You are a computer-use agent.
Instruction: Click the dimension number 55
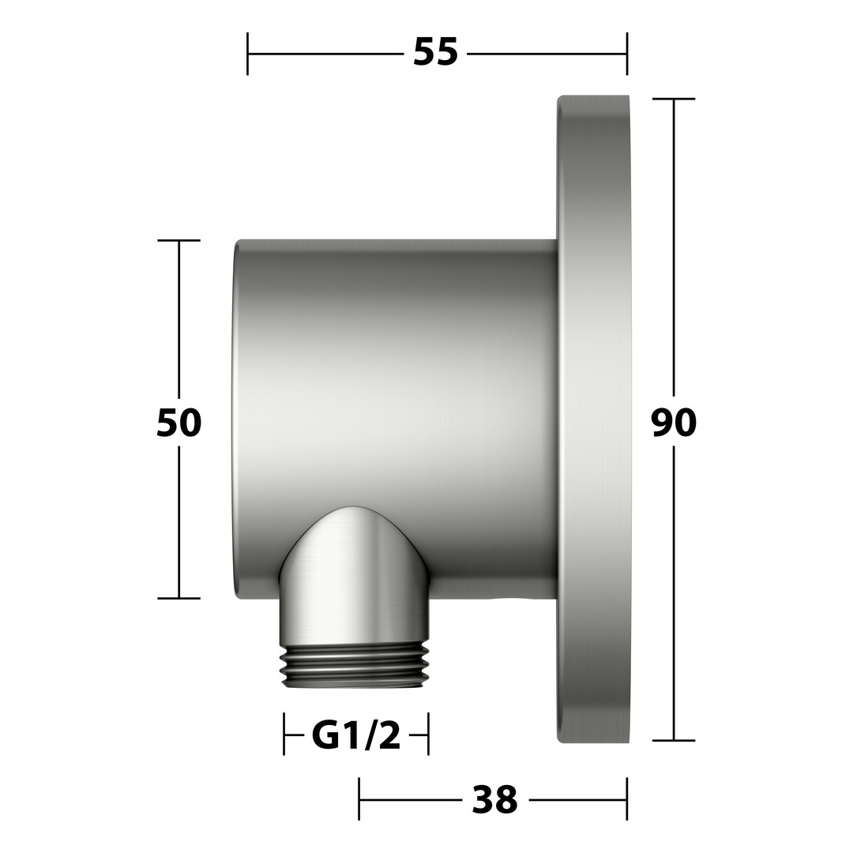pyautogui.click(x=435, y=53)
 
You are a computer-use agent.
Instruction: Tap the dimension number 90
pyautogui.click(x=674, y=423)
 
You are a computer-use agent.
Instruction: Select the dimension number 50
pyautogui.click(x=178, y=423)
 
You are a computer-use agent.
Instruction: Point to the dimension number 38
pyautogui.click(x=494, y=799)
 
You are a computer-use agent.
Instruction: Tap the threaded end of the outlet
pyautogui.click(x=355, y=666)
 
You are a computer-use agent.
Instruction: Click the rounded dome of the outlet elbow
pyautogui.click(x=355, y=544)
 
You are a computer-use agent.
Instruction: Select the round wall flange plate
pyautogui.click(x=593, y=419)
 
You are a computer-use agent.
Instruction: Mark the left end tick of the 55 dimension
pyautogui.click(x=247, y=54)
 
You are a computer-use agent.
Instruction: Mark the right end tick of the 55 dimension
pyautogui.click(x=627, y=54)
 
